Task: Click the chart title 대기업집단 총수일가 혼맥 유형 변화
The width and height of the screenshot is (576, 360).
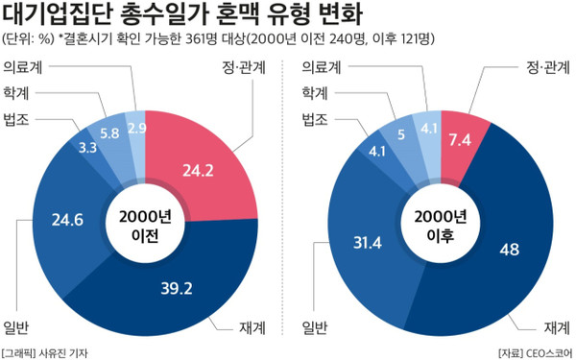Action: tap(182, 16)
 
